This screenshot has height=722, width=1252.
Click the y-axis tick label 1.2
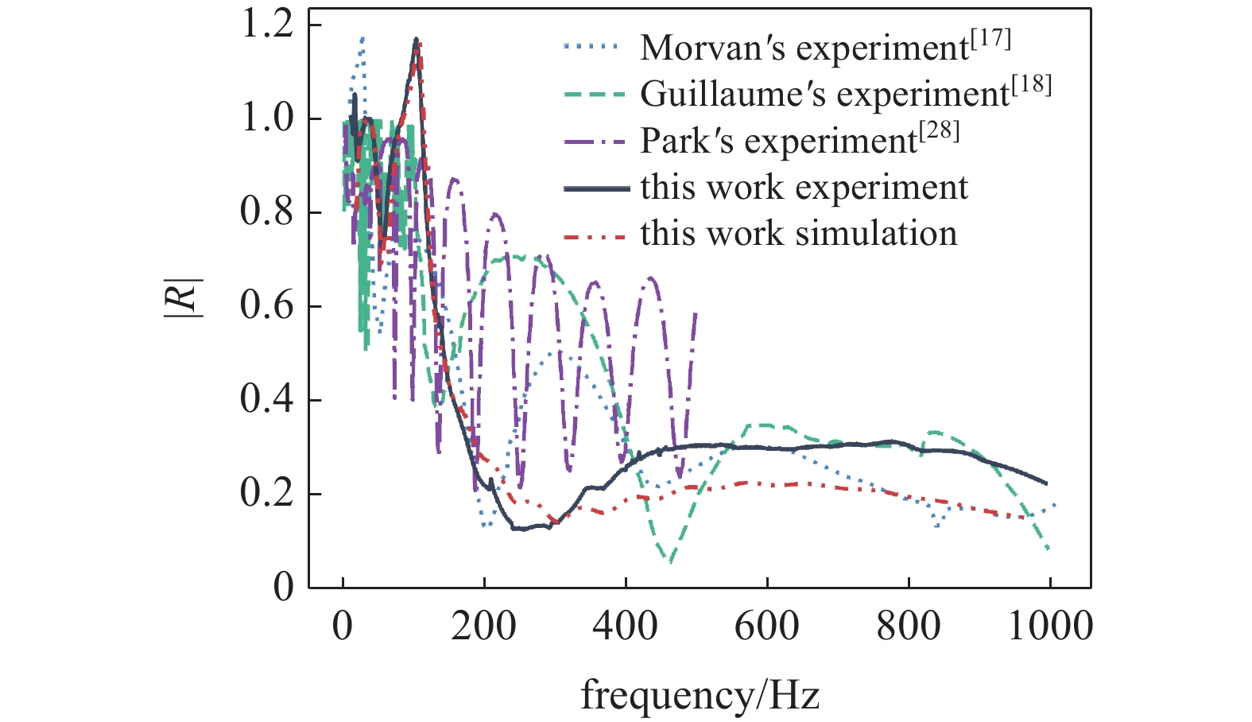point(267,25)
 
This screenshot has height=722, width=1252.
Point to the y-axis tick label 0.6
point(267,306)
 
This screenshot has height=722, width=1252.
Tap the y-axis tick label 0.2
point(267,494)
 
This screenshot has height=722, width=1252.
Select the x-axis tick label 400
point(625,627)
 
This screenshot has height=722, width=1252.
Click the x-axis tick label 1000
point(1049,627)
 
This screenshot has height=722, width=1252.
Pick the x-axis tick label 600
point(766,627)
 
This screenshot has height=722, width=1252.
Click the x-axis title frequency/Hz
point(700,695)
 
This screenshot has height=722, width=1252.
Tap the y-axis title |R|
point(184,298)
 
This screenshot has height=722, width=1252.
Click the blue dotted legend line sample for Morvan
point(592,48)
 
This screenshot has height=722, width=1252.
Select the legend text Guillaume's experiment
point(824,95)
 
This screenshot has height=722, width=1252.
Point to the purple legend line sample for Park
point(592,142)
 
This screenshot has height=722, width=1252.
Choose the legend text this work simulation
point(798,234)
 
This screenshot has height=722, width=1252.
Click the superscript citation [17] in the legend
point(990,38)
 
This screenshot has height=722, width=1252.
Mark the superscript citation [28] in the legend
point(940,131)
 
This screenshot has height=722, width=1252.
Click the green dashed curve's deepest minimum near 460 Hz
point(671,561)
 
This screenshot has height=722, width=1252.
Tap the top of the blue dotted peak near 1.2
point(363,37)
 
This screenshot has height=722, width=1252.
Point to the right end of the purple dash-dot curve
point(696,313)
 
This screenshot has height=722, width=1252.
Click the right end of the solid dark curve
point(1047,483)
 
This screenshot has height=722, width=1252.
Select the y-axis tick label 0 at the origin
point(283,588)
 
